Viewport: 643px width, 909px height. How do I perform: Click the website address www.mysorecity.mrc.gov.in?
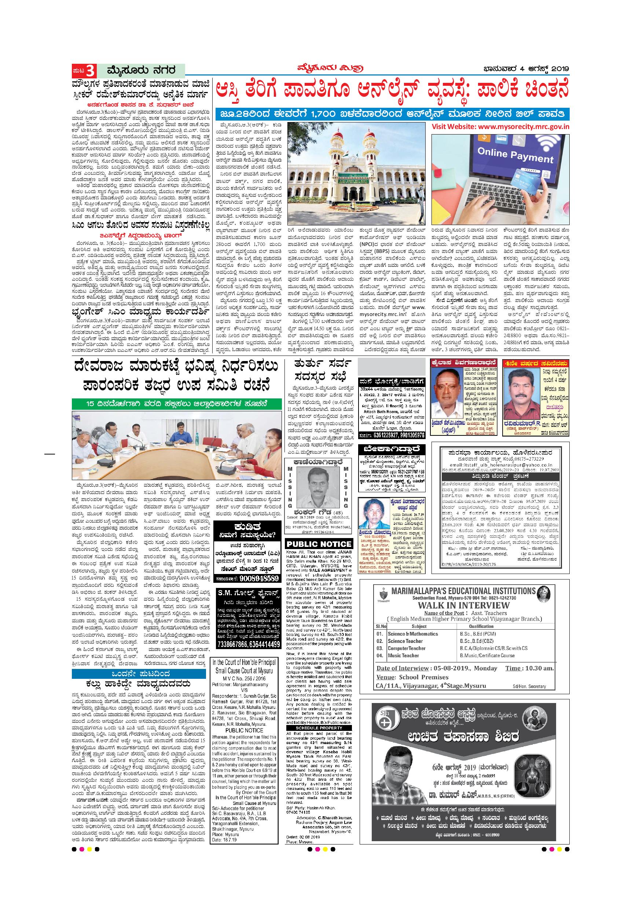coord(500,127)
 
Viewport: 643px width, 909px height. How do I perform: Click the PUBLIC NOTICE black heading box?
coord(319,544)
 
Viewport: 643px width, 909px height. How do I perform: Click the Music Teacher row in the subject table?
coord(403,655)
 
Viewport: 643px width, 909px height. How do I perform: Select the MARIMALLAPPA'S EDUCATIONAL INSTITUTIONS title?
coord(457,591)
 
